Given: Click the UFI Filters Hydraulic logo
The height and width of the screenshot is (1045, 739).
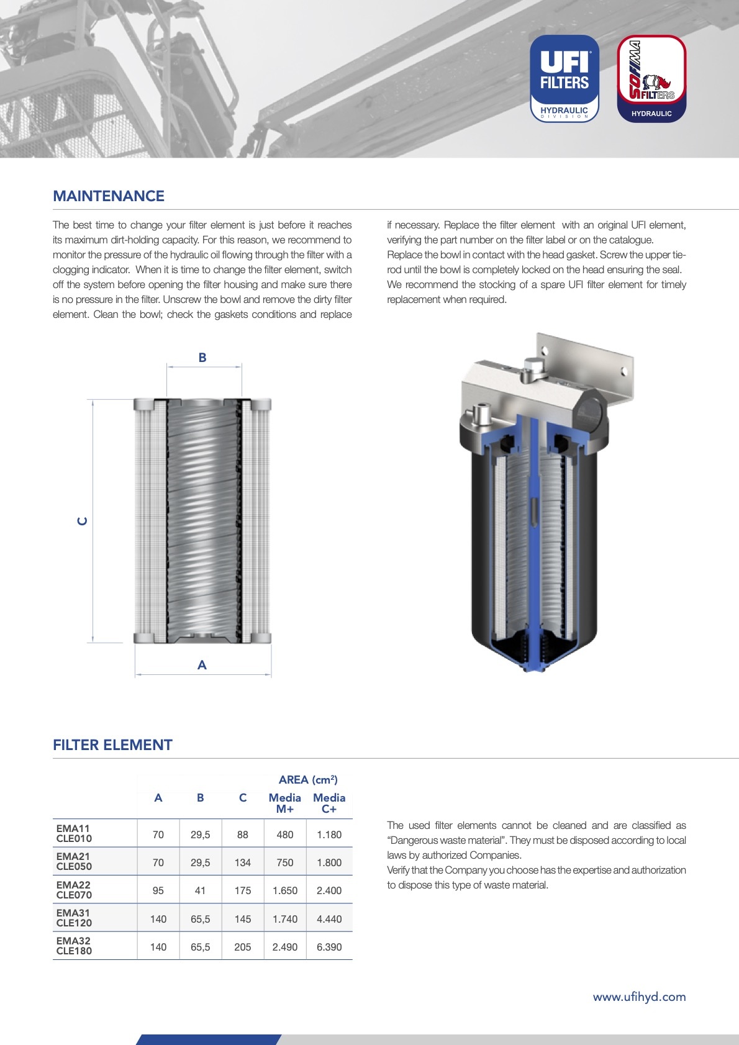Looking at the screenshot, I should (x=564, y=78).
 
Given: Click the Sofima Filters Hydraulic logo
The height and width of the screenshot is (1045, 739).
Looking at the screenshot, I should (x=651, y=78).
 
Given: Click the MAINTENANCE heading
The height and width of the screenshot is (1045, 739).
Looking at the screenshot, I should (x=109, y=196).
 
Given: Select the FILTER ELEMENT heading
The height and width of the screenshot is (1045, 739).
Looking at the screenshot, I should (x=112, y=745).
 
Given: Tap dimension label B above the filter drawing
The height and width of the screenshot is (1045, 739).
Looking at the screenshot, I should (x=202, y=358).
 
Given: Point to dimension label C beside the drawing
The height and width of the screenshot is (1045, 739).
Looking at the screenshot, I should (x=82, y=521).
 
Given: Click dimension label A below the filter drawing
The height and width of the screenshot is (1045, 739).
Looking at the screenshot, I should (x=202, y=665).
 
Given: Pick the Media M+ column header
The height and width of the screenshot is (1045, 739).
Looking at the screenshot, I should (x=284, y=803).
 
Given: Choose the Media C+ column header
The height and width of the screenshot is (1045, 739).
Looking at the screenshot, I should (x=329, y=803).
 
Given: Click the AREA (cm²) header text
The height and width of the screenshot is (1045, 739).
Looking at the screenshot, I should (x=308, y=780).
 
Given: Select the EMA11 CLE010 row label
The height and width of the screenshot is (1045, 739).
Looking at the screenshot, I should (x=74, y=833).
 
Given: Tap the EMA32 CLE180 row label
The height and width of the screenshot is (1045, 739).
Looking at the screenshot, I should (x=74, y=946).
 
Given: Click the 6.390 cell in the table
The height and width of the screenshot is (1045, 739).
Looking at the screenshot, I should (x=329, y=947).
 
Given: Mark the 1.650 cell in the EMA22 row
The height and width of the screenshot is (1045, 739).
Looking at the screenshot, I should (x=285, y=890).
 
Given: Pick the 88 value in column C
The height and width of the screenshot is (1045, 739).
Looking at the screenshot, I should (x=243, y=835).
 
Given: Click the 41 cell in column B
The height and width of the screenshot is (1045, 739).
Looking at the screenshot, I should (x=200, y=890).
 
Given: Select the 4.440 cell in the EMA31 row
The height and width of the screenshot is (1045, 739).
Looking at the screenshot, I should (x=329, y=919).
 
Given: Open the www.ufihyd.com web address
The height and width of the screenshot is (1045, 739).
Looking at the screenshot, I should (x=639, y=997).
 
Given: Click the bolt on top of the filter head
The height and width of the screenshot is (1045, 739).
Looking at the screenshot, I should (x=533, y=369).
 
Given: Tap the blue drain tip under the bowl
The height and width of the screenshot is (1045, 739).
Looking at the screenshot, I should (x=533, y=667).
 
